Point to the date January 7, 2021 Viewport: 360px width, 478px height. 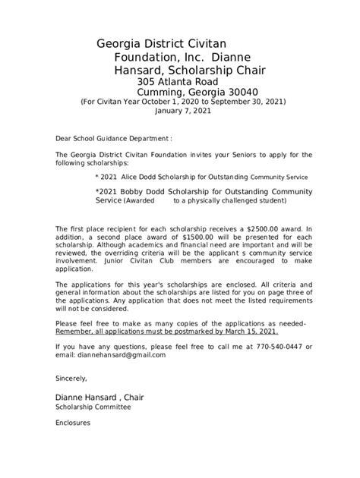[182, 110]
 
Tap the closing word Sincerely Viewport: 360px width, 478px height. [71, 377]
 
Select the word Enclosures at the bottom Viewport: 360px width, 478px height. [73, 423]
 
